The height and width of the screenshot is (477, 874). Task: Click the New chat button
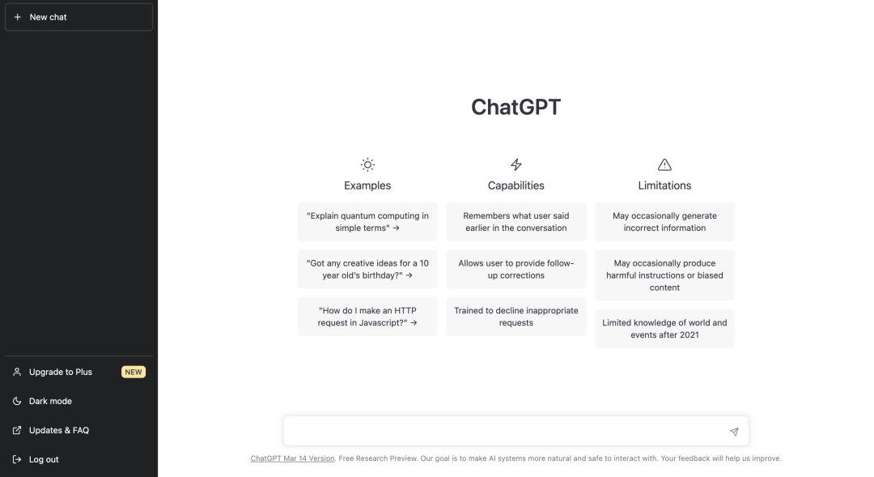[x=78, y=17]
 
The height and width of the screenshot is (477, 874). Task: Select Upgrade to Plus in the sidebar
[x=61, y=372]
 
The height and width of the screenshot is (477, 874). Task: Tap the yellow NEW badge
[x=134, y=372]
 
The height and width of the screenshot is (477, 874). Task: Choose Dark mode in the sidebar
[x=50, y=401]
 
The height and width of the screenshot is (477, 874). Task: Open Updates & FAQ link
[x=58, y=430]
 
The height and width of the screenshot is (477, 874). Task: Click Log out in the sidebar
[x=44, y=459]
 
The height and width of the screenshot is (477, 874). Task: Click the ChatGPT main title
[x=515, y=108]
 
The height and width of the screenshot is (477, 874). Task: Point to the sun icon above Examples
[x=367, y=164]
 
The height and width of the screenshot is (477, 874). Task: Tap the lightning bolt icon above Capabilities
[x=516, y=164]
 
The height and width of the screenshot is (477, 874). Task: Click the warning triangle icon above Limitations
[x=664, y=164]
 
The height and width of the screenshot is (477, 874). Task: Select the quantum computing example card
[x=367, y=222]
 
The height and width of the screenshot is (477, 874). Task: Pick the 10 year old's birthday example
[x=367, y=269]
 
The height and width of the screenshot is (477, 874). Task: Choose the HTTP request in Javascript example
[x=367, y=317]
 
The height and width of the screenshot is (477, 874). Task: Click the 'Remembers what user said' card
[x=516, y=222]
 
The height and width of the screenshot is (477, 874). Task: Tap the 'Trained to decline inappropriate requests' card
[x=516, y=317]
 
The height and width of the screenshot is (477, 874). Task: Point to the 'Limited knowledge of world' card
[x=664, y=328]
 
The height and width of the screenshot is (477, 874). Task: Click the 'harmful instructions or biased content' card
[x=664, y=275]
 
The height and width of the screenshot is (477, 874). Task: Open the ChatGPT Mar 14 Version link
[x=292, y=458]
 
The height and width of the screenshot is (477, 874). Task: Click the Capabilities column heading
[x=516, y=185]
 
